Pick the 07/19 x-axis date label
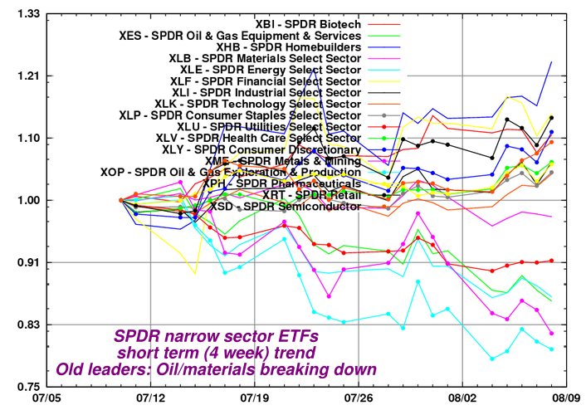253,399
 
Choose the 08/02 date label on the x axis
461,399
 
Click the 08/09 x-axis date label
566,399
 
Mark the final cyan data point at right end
551,349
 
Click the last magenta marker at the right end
551,333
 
